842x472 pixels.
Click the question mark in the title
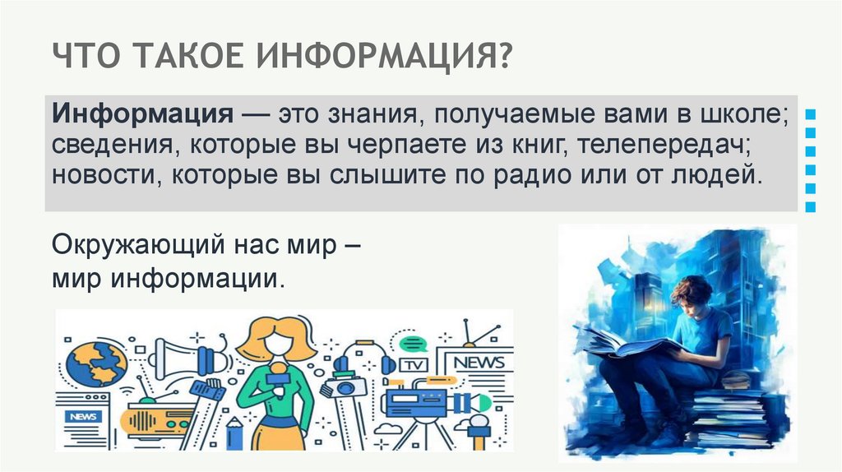pos(503,58)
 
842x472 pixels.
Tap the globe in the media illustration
pos(96,363)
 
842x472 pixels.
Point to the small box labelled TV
pos(414,364)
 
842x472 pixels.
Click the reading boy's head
pos(689,291)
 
